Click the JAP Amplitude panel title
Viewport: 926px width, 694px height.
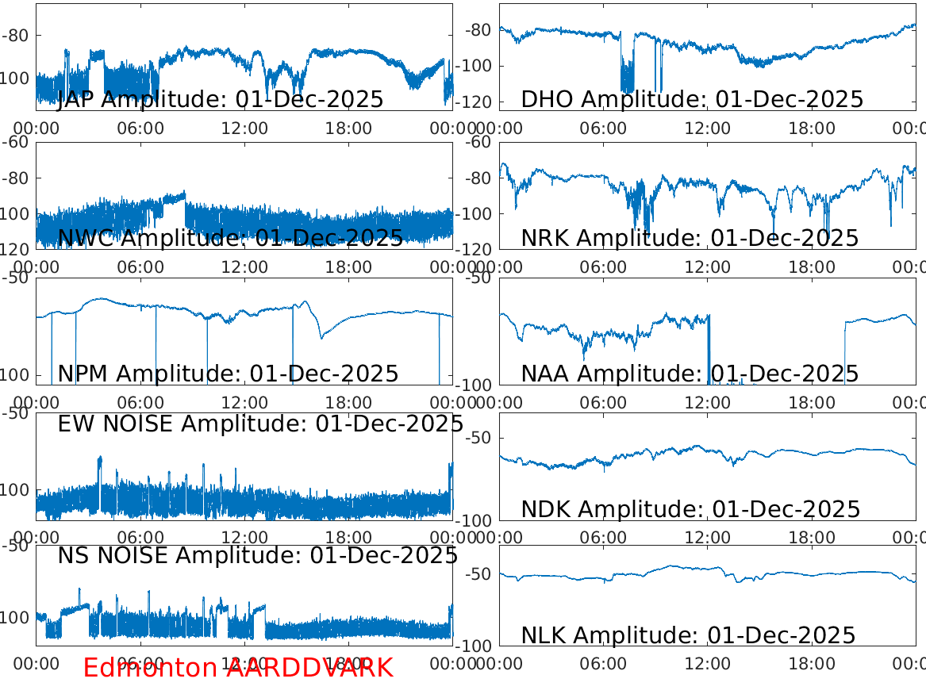(x=221, y=100)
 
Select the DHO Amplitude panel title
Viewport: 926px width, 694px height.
(x=692, y=100)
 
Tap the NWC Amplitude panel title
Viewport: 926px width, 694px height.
(x=230, y=237)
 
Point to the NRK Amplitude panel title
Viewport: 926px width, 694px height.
(x=690, y=238)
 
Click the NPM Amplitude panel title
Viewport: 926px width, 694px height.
(x=228, y=374)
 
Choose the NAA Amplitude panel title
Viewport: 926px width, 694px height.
(x=690, y=374)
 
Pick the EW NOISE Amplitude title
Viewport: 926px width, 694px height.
(x=260, y=424)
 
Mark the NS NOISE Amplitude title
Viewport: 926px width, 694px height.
(x=257, y=556)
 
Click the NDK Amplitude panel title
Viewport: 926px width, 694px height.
(x=690, y=509)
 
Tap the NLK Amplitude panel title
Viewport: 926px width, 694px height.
(x=688, y=635)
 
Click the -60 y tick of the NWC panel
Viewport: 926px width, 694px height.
(x=17, y=142)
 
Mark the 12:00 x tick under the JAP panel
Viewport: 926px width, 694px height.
(x=244, y=128)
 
